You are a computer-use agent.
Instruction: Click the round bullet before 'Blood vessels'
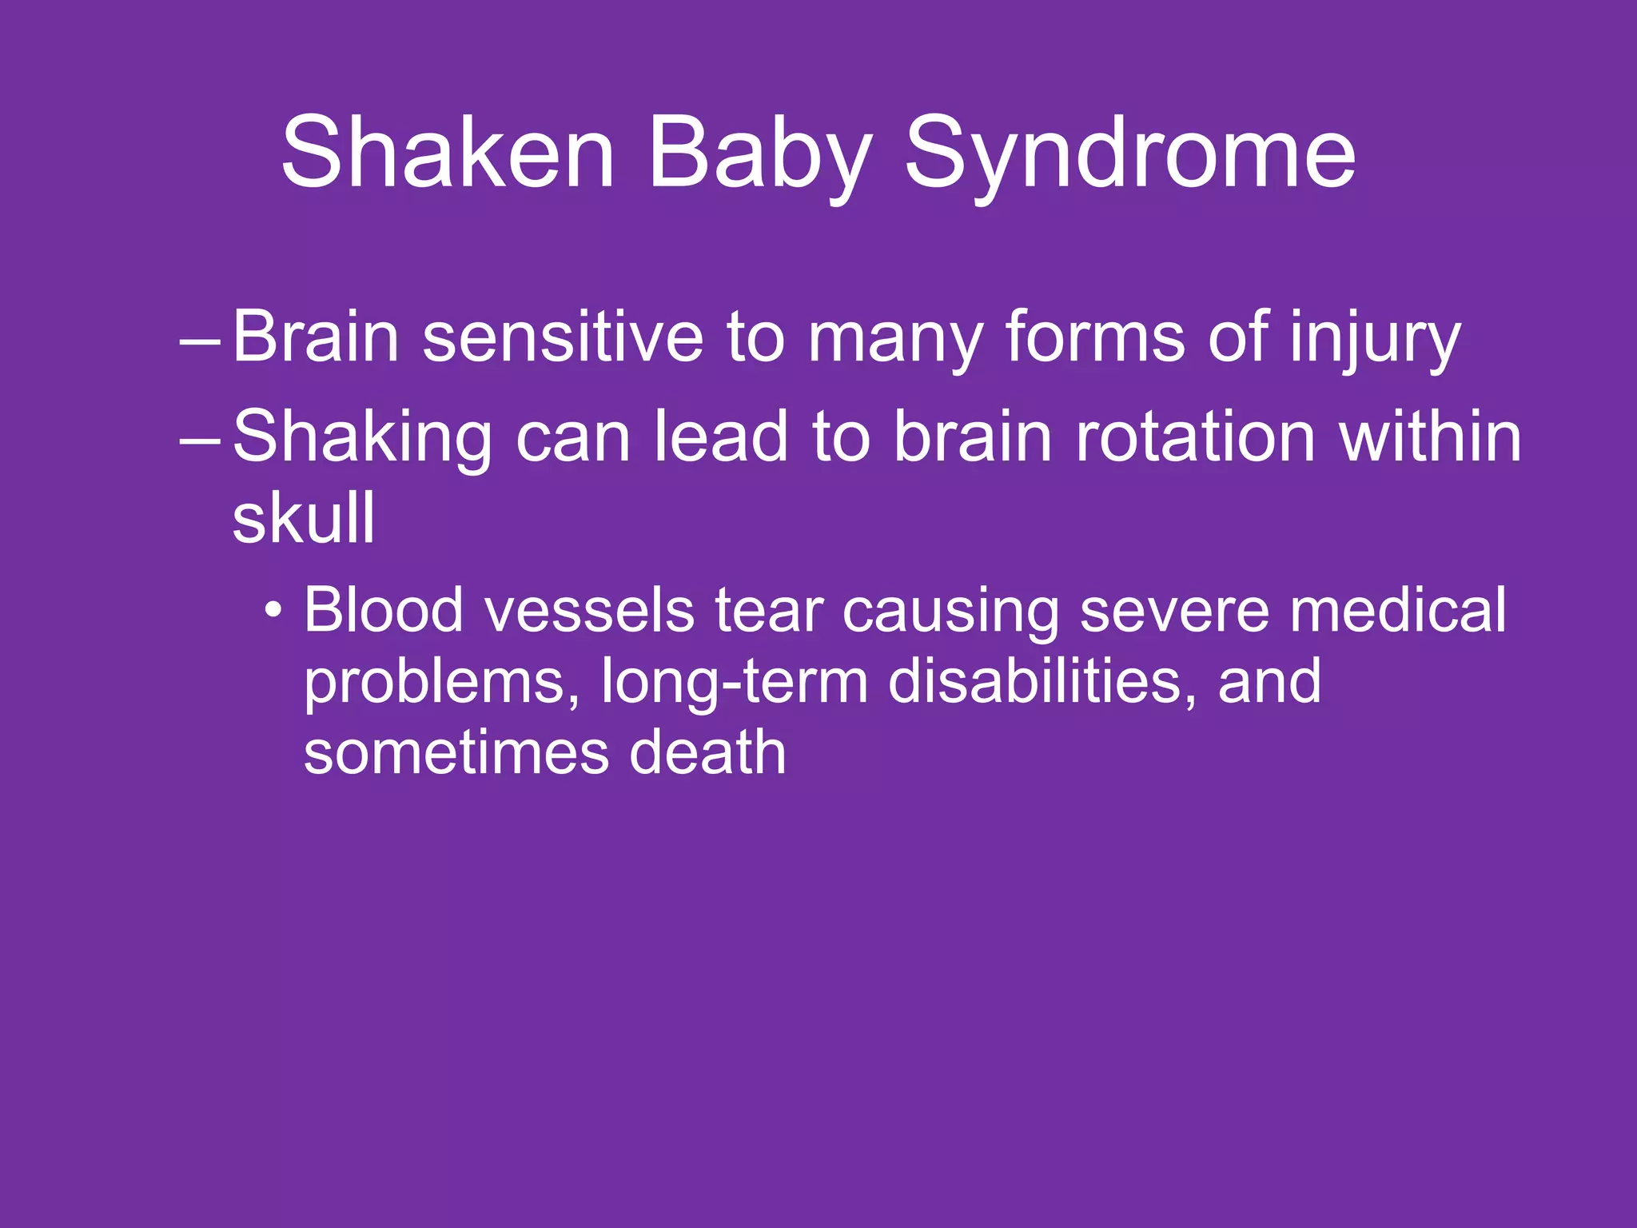274,612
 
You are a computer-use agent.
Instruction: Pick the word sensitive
562,337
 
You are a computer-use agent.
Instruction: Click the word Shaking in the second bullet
362,437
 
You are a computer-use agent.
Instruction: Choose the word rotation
1196,437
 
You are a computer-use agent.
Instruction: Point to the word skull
304,517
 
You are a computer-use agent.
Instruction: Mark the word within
1430,437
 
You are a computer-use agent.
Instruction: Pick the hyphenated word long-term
734,682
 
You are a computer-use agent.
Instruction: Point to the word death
707,752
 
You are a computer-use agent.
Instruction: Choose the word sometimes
456,752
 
